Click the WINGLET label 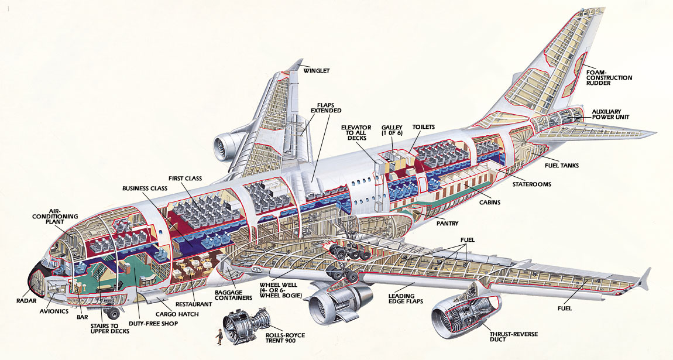pos(317,71)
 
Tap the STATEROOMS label pos(531,184)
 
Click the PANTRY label pos(447,224)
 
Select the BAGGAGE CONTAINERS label pos(233,294)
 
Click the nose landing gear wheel pos(113,313)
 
